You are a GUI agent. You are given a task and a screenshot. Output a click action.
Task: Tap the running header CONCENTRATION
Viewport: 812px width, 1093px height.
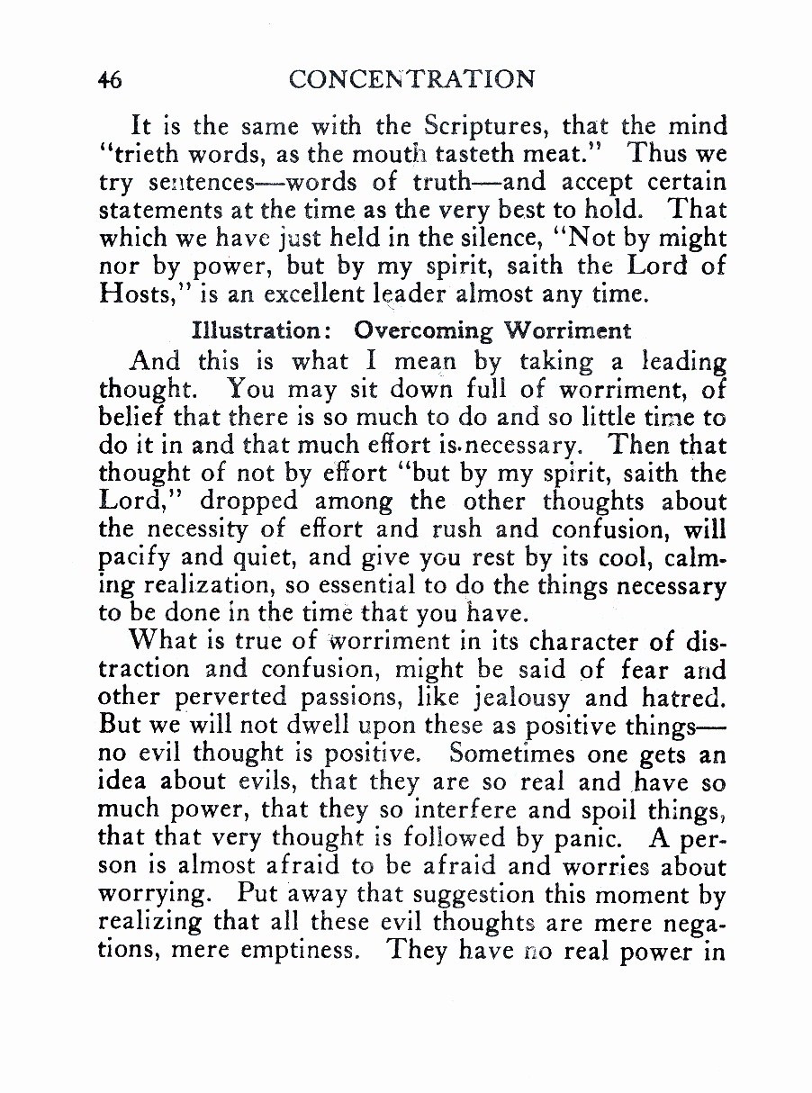[x=412, y=79]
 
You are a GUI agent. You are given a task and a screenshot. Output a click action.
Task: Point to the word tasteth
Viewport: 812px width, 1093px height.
[x=501, y=154]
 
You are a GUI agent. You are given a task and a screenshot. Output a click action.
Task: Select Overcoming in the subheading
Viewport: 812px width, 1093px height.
[x=423, y=330]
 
